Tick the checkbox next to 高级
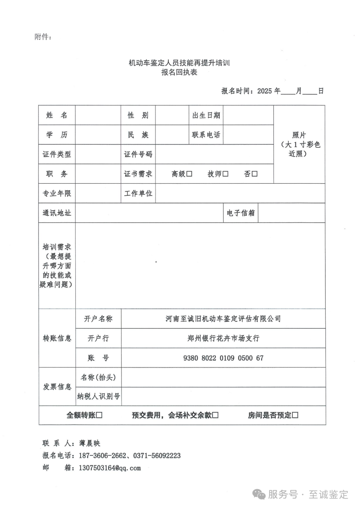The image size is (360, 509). pos(189,174)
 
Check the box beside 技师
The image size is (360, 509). pos(225,174)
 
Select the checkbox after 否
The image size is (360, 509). pos(255,174)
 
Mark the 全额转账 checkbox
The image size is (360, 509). pos(99,415)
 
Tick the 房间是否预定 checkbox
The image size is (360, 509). pos(295,415)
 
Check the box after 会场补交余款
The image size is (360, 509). pos(215,415)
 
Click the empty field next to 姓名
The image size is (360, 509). pos(98,115)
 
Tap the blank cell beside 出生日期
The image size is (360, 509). pos(248,115)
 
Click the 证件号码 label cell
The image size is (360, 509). pos(138,154)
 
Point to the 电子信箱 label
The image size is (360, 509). pos(241,213)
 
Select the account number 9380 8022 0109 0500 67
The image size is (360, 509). pos(223,358)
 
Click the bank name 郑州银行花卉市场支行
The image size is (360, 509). pos(223,338)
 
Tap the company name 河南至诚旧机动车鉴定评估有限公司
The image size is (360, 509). pos(223,319)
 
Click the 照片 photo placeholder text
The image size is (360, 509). pos(299,135)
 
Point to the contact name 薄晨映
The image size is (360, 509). pos(90,443)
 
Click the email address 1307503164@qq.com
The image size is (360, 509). pos(110,468)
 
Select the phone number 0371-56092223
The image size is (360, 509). pos(157,456)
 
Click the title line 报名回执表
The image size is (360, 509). pos(179,72)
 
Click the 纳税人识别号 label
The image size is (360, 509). pos(98,396)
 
